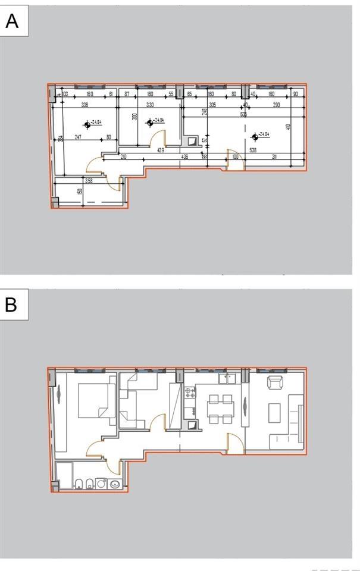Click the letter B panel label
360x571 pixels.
pyautogui.click(x=11, y=305)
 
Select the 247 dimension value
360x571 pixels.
pyautogui.click(x=78, y=137)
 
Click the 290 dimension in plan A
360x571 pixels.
pyautogui.click(x=276, y=105)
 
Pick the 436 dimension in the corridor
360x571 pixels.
pyautogui.click(x=184, y=157)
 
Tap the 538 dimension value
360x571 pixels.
pyautogui.click(x=253, y=150)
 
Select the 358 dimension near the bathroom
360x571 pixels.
pyautogui.click(x=89, y=180)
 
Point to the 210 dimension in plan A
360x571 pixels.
pyautogui.click(x=124, y=157)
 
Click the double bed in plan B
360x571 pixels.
pyautogui.click(x=96, y=402)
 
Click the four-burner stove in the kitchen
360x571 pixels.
pyautogui.click(x=190, y=393)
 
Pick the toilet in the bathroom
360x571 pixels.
pyautogui.click(x=77, y=483)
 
